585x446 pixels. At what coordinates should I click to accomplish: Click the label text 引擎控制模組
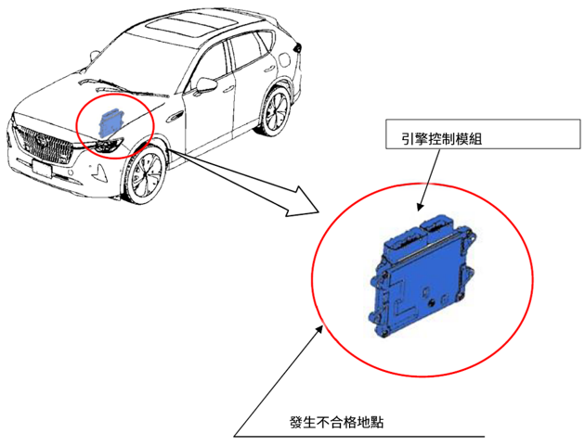click(x=441, y=139)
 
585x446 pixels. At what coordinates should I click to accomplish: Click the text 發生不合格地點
click(x=336, y=422)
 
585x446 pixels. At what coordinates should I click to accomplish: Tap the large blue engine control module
click(x=422, y=275)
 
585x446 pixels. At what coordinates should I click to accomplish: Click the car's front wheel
click(x=145, y=174)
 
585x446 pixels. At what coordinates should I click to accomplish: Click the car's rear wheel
click(x=275, y=111)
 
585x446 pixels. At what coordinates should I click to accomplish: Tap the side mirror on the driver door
click(x=205, y=85)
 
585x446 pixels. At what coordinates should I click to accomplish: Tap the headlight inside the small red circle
click(x=110, y=145)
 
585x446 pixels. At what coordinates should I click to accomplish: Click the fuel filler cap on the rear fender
click(x=283, y=58)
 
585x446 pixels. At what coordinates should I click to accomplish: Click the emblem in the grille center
click(x=39, y=140)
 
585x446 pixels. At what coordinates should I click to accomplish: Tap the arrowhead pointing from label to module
click(x=421, y=206)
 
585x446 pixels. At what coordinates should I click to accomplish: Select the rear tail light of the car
click(x=297, y=47)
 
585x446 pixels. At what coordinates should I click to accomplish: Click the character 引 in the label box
click(x=408, y=139)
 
